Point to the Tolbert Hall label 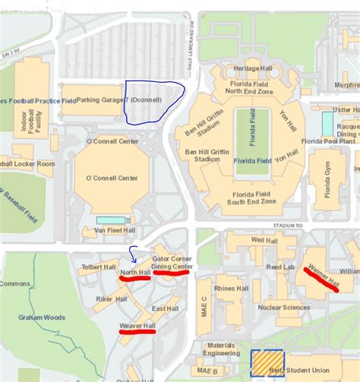point(99,267)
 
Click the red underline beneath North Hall point(134,278)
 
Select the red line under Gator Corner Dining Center point(171,273)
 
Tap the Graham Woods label point(39,318)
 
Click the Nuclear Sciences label point(284,308)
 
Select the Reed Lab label point(280,267)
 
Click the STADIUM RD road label point(289,226)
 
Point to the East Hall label point(165,308)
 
